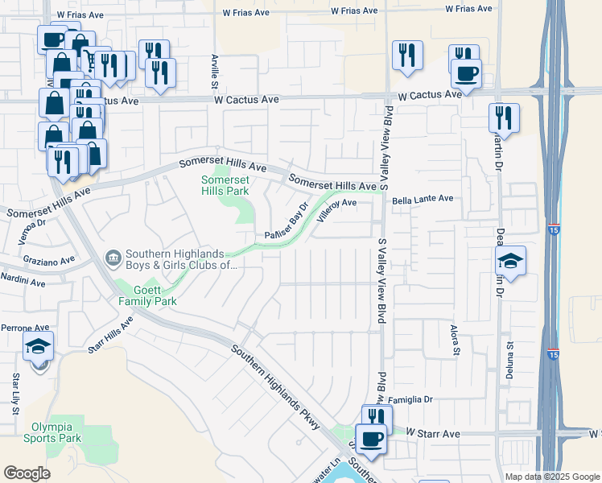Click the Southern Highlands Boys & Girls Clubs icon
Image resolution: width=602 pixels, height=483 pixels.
click(113, 258)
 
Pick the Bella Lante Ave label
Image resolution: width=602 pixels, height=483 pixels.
click(423, 199)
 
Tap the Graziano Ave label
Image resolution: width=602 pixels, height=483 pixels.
click(48, 261)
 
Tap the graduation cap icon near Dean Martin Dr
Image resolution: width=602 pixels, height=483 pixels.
click(510, 262)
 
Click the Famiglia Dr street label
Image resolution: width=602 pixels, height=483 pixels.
click(412, 399)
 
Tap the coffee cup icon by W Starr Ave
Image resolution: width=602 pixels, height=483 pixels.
click(371, 440)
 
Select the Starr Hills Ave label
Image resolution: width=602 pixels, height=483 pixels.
click(109, 334)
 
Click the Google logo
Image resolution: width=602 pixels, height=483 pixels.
click(27, 473)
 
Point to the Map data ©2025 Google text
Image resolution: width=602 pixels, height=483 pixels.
click(551, 477)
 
